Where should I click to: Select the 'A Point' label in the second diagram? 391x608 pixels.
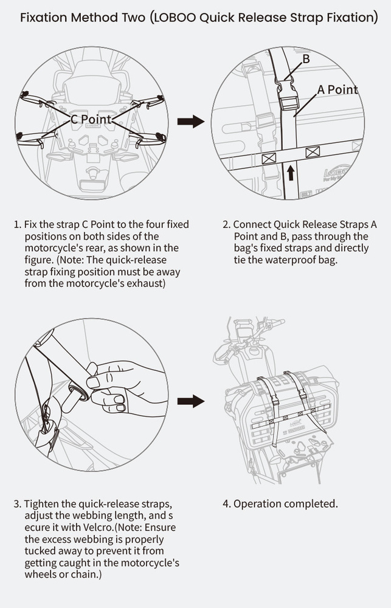pos(337,89)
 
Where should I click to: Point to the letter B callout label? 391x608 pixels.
pos(306,59)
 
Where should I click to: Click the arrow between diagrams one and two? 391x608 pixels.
pos(190,122)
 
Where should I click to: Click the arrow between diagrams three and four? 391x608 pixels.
pos(190,401)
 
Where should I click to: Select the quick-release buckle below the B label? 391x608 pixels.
pos(286,96)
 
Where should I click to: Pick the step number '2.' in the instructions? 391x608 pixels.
pos(227,224)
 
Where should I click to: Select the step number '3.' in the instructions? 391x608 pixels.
pos(17,504)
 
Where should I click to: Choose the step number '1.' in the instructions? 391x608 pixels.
pos(17,224)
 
